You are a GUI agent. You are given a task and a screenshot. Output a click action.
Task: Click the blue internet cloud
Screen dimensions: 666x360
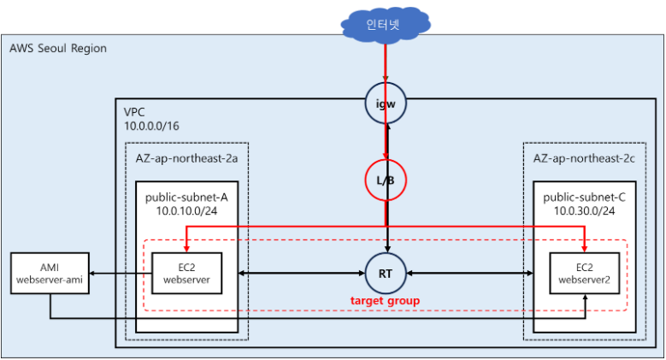click(x=386, y=25)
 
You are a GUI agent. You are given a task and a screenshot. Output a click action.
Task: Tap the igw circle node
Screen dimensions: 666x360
click(x=386, y=103)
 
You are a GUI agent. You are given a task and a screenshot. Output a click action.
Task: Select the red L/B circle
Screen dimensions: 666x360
click(x=386, y=180)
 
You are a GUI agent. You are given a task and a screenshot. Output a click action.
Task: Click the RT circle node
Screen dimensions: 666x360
click(x=386, y=274)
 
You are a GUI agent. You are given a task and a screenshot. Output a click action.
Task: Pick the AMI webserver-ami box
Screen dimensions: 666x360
click(x=50, y=274)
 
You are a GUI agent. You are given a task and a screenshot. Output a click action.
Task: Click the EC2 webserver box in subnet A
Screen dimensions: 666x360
click(x=187, y=274)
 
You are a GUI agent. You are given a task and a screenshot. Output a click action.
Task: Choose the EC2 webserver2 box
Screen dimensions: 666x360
click(x=585, y=274)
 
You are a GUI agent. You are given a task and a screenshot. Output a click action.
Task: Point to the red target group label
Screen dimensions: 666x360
click(x=385, y=300)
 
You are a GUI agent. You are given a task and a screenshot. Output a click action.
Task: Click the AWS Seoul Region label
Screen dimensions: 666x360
click(x=58, y=48)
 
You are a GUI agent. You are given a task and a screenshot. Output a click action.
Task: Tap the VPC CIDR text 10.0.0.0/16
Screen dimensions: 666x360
click(x=151, y=126)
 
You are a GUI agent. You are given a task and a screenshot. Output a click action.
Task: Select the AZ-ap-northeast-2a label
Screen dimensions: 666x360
click(x=186, y=158)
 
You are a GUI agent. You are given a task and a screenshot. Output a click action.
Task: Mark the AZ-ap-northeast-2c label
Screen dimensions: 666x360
click(x=584, y=158)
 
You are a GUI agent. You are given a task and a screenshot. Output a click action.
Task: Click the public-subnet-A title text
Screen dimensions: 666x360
click(x=186, y=198)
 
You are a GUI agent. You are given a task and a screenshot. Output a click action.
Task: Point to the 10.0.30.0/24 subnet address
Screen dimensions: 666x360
click(x=585, y=211)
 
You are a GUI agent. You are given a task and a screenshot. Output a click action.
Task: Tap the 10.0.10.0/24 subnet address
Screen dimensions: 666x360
click(x=186, y=211)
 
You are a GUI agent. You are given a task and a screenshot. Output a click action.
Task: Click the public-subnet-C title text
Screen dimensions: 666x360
click(x=585, y=198)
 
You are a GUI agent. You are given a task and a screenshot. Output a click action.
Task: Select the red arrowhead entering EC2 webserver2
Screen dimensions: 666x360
click(x=585, y=249)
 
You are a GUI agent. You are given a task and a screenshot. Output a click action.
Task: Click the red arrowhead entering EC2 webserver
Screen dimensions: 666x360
click(x=186, y=249)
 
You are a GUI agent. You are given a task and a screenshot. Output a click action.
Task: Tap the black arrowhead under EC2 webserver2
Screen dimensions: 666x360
click(x=586, y=298)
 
